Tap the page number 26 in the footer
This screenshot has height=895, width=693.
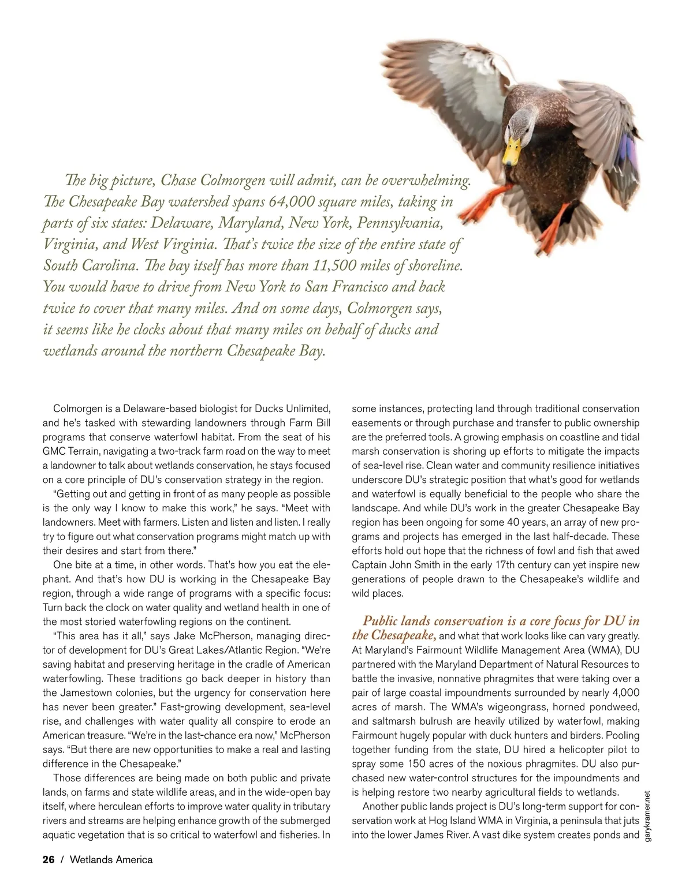[49, 859]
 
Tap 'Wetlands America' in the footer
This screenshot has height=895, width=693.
[111, 859]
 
